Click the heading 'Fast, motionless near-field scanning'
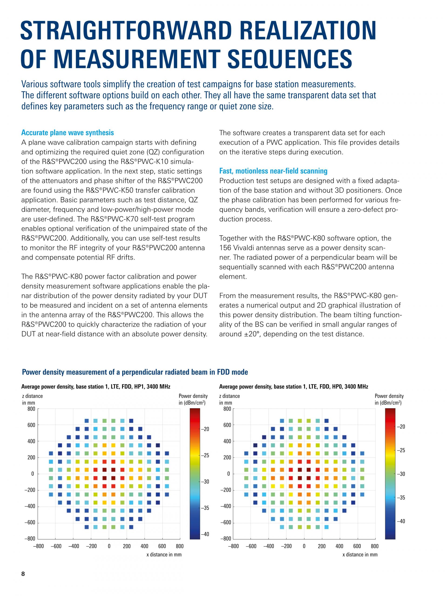273,171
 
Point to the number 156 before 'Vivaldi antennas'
225,248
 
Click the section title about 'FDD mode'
135,372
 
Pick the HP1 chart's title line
96,387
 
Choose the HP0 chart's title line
293,387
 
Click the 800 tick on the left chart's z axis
31,409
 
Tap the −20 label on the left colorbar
205,429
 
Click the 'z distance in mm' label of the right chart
229,399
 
